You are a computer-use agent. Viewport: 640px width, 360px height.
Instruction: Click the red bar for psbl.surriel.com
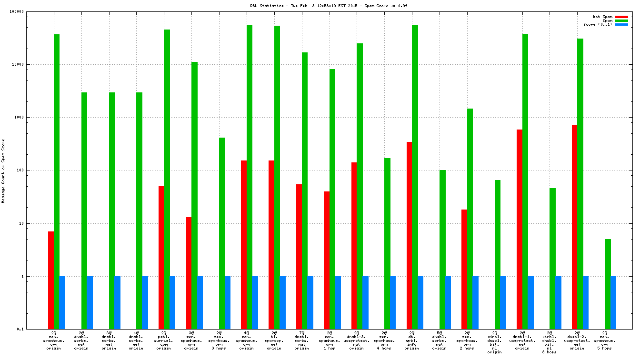pyautogui.click(x=161, y=257)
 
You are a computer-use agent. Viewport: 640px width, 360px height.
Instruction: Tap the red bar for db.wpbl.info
pyautogui.click(x=409, y=235)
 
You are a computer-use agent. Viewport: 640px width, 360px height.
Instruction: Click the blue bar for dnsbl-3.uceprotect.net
pyautogui.click(x=366, y=302)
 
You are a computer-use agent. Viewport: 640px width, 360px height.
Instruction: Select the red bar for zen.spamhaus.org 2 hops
pyautogui.click(x=464, y=269)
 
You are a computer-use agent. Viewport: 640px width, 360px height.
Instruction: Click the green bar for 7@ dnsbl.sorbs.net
pyautogui.click(x=305, y=190)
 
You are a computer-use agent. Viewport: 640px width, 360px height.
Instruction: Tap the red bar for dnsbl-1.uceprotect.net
pyautogui.click(x=520, y=229)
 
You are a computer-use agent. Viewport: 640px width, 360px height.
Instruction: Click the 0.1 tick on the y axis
pyautogui.click(x=34, y=329)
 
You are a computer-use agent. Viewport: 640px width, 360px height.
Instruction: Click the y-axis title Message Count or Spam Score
pyautogui.click(x=3, y=171)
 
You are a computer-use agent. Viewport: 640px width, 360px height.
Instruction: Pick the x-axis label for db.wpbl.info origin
pyautogui.click(x=412, y=340)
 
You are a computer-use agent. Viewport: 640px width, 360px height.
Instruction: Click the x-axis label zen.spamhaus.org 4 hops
pyautogui.click(x=384, y=340)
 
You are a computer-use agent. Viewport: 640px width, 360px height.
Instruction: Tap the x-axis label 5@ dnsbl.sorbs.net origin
pyautogui.click(x=440, y=340)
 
